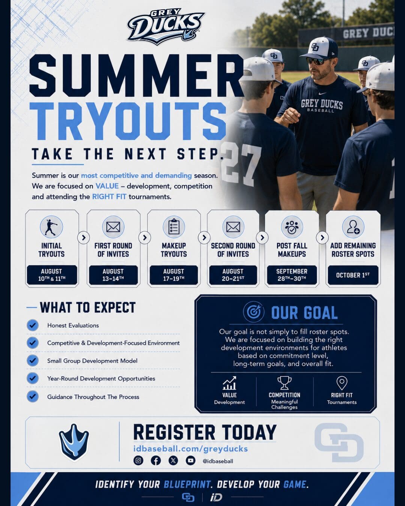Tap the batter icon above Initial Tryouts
point(51,227)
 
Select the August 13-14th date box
point(113,275)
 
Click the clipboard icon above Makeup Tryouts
point(174,227)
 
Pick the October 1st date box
point(353,275)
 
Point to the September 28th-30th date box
point(292,275)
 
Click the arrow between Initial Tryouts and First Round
point(84,238)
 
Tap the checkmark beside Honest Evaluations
point(33,325)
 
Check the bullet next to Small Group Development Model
point(33,361)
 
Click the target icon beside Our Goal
point(253,312)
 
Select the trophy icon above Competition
point(284,383)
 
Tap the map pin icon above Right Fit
point(342,383)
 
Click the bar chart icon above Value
point(229,383)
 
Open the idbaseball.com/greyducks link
point(190,449)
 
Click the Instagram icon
point(138,460)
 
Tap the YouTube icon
point(190,460)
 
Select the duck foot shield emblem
point(73,442)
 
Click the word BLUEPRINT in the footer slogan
point(187,485)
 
